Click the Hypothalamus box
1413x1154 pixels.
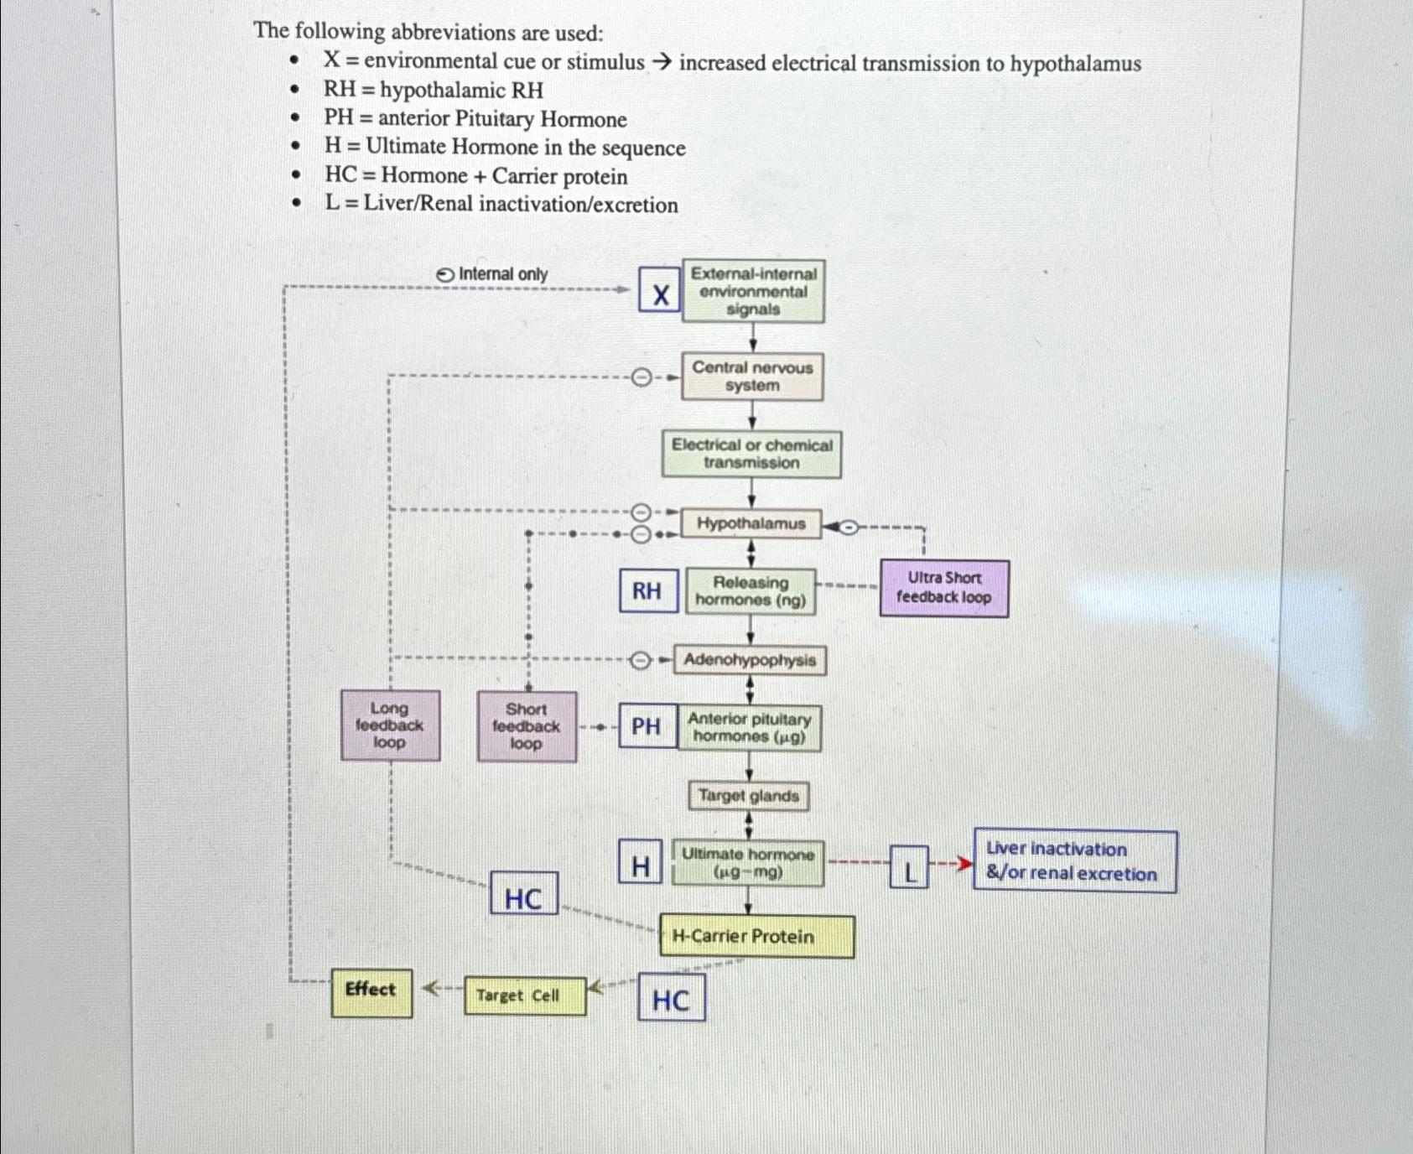point(751,524)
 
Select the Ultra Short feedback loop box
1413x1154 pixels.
point(944,588)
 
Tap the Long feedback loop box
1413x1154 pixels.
point(390,725)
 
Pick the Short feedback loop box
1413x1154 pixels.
point(527,726)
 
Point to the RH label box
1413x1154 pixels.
point(647,591)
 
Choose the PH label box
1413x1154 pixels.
point(647,726)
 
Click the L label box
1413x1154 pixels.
point(909,868)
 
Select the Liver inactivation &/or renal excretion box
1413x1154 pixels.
point(1074,861)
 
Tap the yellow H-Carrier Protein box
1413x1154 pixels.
point(756,937)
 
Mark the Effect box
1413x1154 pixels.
point(371,992)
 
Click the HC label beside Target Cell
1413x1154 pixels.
point(671,998)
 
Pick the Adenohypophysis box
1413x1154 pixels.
point(750,660)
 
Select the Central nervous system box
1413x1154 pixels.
point(752,377)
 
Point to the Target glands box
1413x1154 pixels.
point(749,796)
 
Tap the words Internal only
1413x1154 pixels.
point(502,274)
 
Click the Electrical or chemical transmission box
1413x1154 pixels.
point(751,454)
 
